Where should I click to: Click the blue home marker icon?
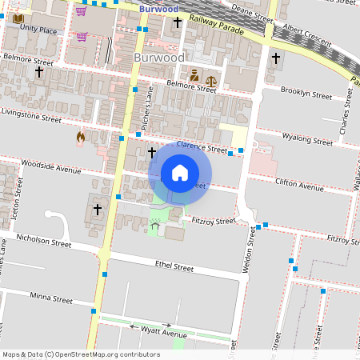click(x=180, y=173)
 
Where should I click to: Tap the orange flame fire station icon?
click(x=80, y=137)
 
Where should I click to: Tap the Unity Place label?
click(x=38, y=30)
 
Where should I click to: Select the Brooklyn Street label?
click(x=306, y=94)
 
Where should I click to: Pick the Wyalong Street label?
click(x=307, y=140)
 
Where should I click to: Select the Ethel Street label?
click(x=174, y=266)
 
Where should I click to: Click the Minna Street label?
click(x=50, y=299)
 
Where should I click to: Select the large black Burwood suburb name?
click(x=158, y=58)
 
